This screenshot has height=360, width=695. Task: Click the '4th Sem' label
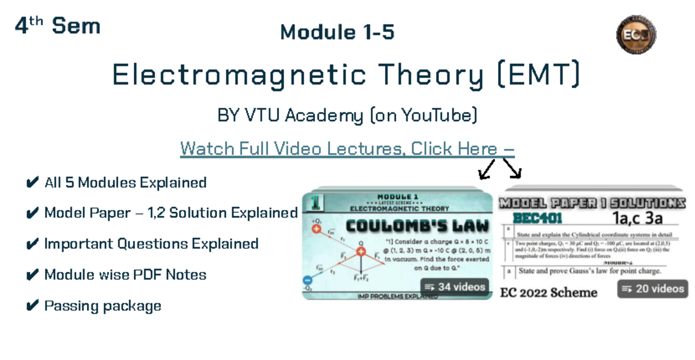point(57,26)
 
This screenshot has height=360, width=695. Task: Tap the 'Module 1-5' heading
point(337,32)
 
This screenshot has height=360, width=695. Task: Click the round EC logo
point(635,34)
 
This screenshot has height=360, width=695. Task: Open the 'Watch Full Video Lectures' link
point(347,149)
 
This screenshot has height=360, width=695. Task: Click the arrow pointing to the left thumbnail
point(486,168)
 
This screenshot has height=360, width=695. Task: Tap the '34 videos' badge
point(455,286)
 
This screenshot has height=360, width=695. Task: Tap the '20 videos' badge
point(653,288)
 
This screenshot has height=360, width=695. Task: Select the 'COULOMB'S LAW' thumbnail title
point(417,226)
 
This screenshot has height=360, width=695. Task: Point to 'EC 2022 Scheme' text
point(548,292)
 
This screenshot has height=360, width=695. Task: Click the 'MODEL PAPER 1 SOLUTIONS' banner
point(592,204)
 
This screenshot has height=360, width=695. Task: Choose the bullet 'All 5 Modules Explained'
point(125,183)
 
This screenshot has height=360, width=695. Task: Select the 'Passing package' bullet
point(103,306)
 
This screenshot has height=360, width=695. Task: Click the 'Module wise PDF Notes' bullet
point(125,274)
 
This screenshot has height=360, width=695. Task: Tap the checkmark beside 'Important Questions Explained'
point(32,244)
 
